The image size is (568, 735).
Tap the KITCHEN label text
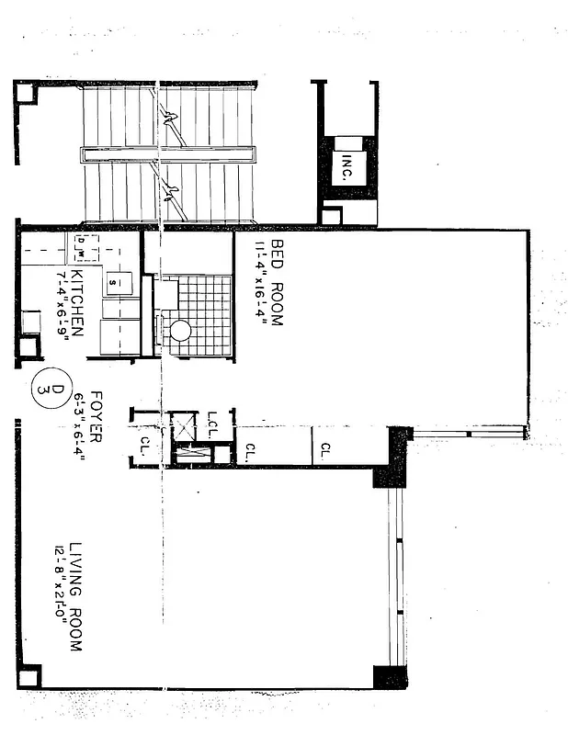pos(77,301)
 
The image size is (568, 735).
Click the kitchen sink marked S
pos(112,280)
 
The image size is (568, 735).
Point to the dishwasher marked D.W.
pos(82,245)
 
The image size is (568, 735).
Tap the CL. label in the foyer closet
pos(144,445)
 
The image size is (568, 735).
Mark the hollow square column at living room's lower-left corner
pos(28,677)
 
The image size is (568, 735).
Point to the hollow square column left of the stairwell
pos(25,93)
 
